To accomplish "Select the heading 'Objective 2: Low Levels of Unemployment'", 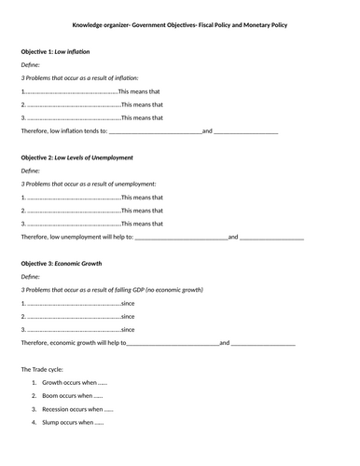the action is (80, 158).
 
